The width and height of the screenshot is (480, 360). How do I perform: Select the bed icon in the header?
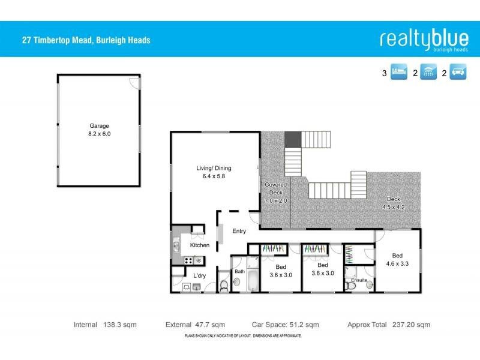tap(398, 74)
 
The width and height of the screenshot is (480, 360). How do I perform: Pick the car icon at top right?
tap(458, 74)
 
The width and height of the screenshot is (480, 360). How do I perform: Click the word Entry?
tap(239, 231)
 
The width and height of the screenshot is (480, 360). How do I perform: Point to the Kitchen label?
tap(199, 245)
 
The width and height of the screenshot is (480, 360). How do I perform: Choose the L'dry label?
tap(199, 275)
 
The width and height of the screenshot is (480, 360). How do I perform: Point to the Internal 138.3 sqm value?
tap(120, 325)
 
